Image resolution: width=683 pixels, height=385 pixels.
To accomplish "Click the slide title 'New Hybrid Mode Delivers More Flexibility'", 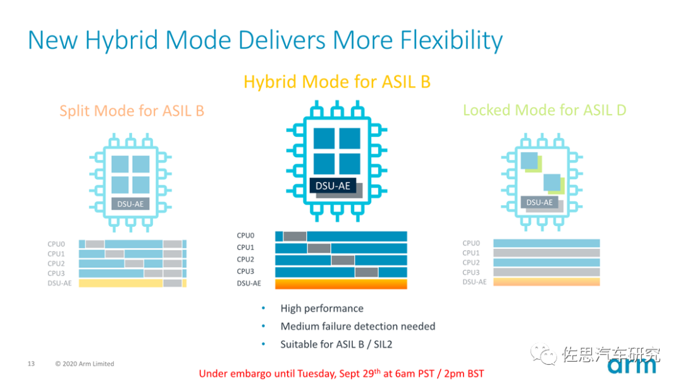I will pyautogui.click(x=266, y=40).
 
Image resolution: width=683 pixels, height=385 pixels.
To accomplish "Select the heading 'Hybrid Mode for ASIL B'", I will pyautogui.click(x=337, y=82).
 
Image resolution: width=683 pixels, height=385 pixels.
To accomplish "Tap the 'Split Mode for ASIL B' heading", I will pyautogui.click(x=132, y=111).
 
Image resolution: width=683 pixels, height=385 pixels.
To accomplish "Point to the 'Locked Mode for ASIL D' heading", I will pyautogui.click(x=545, y=110).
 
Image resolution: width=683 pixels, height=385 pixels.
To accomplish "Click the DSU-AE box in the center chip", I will pyautogui.click(x=333, y=186).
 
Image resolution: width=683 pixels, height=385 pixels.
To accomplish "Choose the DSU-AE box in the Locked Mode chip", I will pyautogui.click(x=539, y=203).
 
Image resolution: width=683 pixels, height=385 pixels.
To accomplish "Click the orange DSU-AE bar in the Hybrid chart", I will pyautogui.click(x=341, y=284).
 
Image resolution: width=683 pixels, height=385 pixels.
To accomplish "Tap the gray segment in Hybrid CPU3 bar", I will pyautogui.click(x=366, y=272).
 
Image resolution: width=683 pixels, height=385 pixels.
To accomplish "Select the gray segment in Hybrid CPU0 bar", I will pyautogui.click(x=295, y=236).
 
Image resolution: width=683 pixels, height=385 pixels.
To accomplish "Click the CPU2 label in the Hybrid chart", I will pyautogui.click(x=245, y=260).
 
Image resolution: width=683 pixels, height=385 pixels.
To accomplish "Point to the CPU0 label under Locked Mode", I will pyautogui.click(x=471, y=243).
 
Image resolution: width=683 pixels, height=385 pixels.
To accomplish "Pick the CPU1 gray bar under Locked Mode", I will pyautogui.click(x=546, y=253).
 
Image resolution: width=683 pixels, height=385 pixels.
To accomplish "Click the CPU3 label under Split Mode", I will pyautogui.click(x=56, y=274).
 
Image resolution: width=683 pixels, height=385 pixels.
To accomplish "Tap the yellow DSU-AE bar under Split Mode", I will pyautogui.click(x=121, y=283).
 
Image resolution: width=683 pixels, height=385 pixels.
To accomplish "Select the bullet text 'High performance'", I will pyautogui.click(x=322, y=308).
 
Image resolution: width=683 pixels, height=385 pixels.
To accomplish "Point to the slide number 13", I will pyautogui.click(x=31, y=363).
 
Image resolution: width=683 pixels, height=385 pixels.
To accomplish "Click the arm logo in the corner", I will pyautogui.click(x=632, y=366).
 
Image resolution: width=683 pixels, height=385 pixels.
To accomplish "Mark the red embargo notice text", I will pyautogui.click(x=341, y=373).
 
